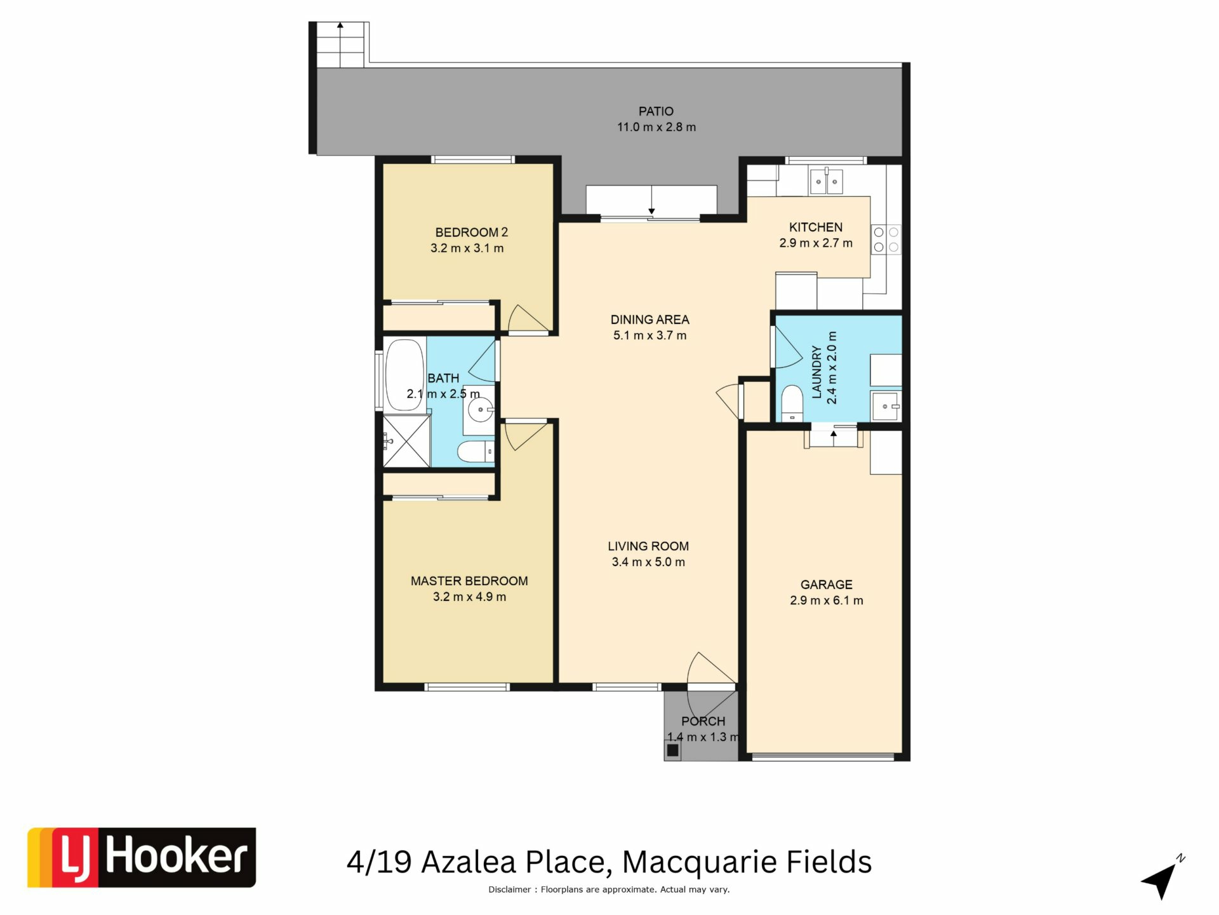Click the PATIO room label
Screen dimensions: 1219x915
coord(656,111)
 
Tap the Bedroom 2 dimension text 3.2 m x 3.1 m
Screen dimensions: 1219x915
coord(467,248)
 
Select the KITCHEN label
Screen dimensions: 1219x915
coord(816,227)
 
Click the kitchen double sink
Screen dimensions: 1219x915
coord(826,181)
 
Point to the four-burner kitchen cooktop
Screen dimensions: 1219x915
coord(886,240)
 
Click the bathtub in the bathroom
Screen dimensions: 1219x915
coord(404,375)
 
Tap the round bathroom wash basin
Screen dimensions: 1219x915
coord(480,409)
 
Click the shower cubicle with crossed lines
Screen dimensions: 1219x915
coord(406,441)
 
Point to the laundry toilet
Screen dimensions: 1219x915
coord(792,403)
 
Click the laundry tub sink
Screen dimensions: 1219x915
coord(886,406)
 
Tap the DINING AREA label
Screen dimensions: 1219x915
coord(649,320)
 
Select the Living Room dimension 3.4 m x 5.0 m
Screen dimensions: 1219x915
coord(648,562)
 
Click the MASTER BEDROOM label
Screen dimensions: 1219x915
coord(469,581)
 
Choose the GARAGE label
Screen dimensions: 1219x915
coord(826,585)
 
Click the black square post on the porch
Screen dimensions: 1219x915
coord(673,751)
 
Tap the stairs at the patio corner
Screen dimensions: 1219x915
coord(340,44)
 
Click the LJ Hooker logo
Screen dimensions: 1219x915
coord(142,857)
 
